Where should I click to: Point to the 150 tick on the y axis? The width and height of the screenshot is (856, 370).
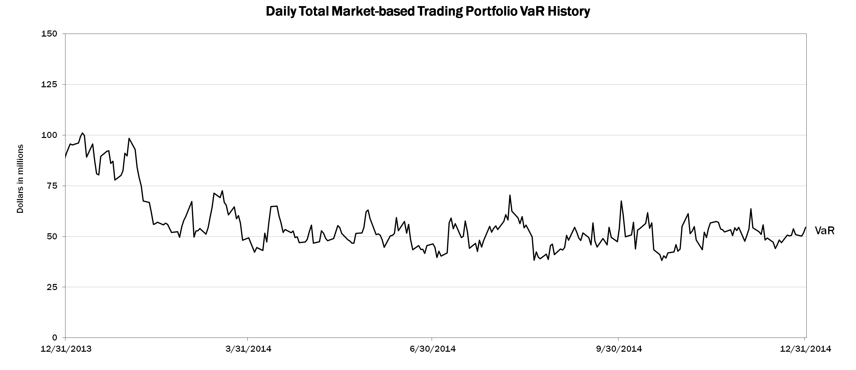click(49, 34)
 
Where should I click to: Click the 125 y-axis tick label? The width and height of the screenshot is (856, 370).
click(49, 85)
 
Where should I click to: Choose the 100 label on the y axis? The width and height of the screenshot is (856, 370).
click(49, 135)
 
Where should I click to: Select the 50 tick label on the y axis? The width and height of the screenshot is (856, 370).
click(52, 237)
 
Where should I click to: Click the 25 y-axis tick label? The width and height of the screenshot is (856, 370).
click(52, 287)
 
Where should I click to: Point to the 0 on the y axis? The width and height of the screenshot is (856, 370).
click(54, 338)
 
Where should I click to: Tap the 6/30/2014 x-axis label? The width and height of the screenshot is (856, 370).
click(433, 349)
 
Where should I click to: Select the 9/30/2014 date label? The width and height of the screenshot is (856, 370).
click(619, 349)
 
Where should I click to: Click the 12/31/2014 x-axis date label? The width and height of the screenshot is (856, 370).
click(805, 349)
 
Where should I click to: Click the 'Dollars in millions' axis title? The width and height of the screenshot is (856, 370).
click(20, 178)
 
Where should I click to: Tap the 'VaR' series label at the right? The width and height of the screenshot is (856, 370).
click(825, 231)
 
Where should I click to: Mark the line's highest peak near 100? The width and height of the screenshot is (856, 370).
click(83, 133)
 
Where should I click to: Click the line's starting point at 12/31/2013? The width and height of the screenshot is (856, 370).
click(65, 158)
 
